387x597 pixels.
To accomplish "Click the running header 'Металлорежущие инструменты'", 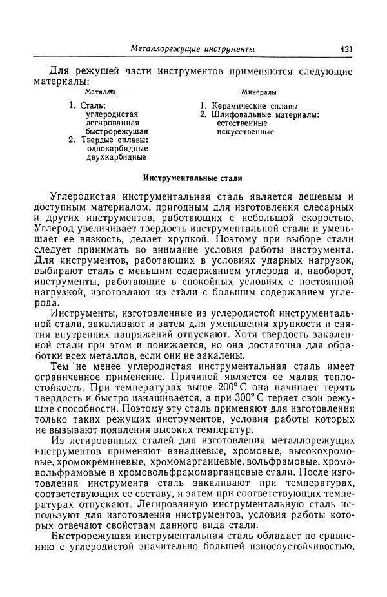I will pyautogui.click(x=192, y=48).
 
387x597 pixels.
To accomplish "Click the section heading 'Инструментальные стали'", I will pyautogui.click(x=192, y=175).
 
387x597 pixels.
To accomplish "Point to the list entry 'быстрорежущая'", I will pyautogui.click(x=112, y=131).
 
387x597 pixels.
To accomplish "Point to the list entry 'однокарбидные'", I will pyautogui.click(x=112, y=148).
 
